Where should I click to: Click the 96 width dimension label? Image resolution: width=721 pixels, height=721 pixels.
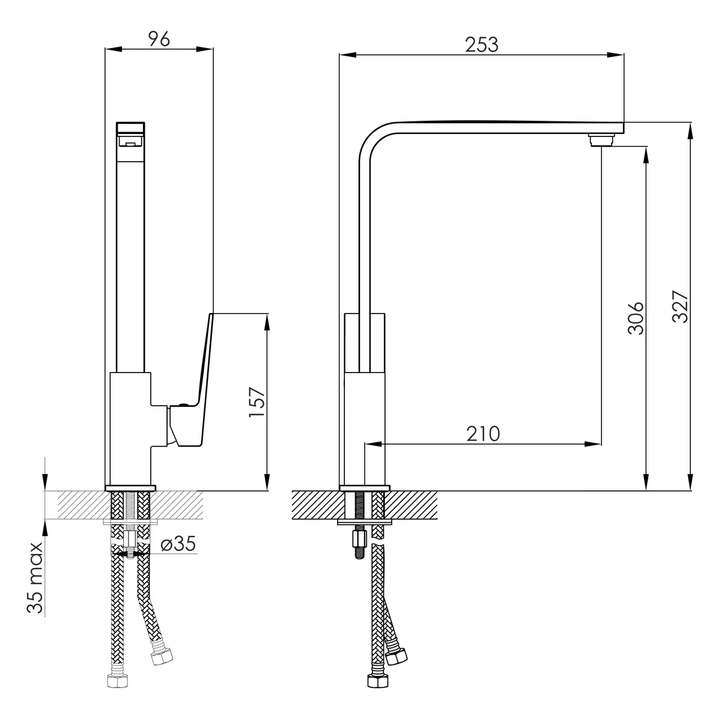point(159,39)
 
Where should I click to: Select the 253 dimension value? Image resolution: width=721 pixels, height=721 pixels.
point(481,45)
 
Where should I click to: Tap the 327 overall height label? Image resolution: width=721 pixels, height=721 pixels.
point(680,306)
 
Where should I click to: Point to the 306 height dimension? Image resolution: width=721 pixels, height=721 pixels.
point(636,318)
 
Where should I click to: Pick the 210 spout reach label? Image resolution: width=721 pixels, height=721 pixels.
point(482,434)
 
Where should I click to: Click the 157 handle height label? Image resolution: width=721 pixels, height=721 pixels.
point(257,402)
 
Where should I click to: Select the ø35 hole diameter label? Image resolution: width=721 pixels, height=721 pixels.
point(178,544)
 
